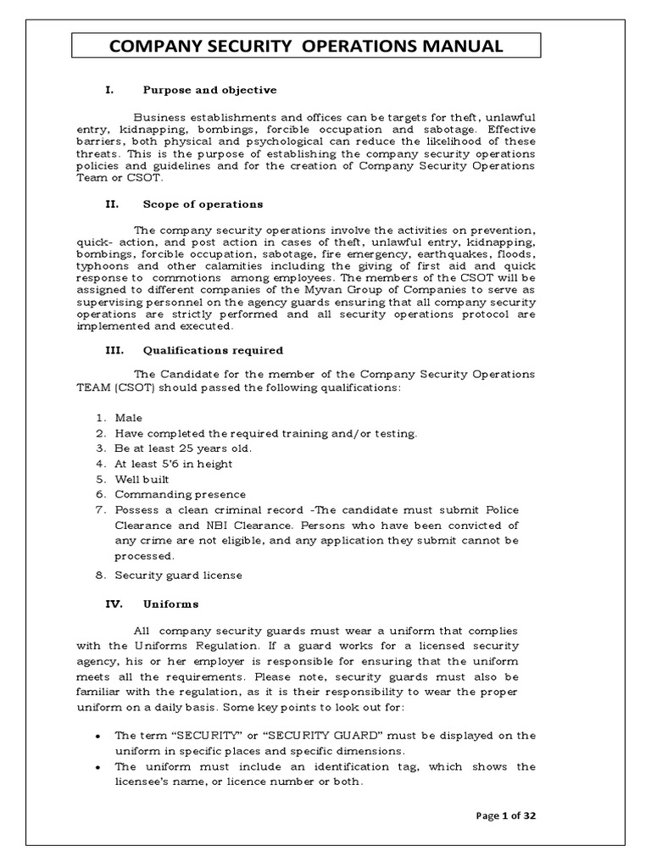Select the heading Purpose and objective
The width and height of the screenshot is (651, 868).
pyautogui.click(x=209, y=90)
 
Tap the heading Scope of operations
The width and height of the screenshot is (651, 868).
pyautogui.click(x=203, y=204)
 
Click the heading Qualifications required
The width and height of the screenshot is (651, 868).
pyautogui.click(x=213, y=350)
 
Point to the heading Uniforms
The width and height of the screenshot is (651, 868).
pyautogui.click(x=170, y=604)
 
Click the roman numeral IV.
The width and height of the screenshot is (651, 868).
pyautogui.click(x=114, y=604)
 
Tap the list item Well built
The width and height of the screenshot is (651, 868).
pyautogui.click(x=142, y=479)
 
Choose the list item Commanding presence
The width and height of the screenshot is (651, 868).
pyautogui.click(x=180, y=494)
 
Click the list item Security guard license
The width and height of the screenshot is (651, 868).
pyautogui.click(x=178, y=576)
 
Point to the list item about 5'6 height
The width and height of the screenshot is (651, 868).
pyautogui.click(x=173, y=464)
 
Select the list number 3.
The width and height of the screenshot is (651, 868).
pyautogui.click(x=99, y=448)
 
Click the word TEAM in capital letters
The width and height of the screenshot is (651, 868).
pyautogui.click(x=93, y=387)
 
